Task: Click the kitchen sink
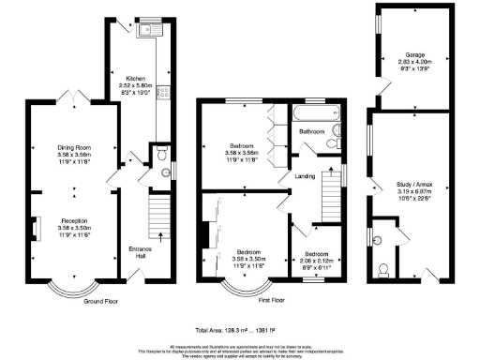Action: [146, 30]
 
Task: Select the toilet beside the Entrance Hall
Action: [161, 153]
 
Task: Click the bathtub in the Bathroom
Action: [314, 113]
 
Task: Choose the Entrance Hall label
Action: [140, 252]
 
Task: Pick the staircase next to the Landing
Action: [332, 193]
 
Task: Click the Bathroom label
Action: [311, 133]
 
